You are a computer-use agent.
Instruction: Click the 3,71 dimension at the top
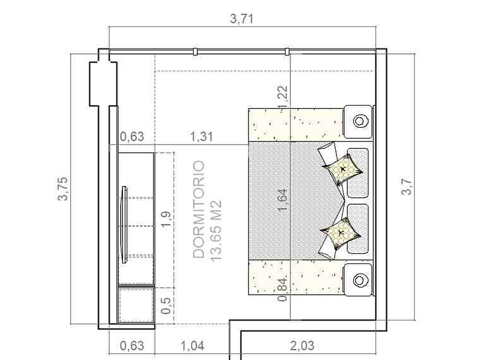click(x=242, y=19)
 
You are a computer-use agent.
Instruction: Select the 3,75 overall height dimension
click(x=63, y=188)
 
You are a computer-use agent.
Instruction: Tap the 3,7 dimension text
click(x=407, y=187)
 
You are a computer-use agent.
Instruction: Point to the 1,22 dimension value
click(x=283, y=97)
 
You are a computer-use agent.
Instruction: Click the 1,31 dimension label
click(x=202, y=137)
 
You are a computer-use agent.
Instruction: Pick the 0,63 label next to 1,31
click(x=131, y=137)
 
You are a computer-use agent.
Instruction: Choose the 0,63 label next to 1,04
click(x=131, y=346)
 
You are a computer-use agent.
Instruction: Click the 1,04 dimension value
click(x=193, y=346)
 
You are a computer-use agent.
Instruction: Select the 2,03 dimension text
click(x=302, y=346)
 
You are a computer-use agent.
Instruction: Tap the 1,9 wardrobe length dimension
click(x=166, y=219)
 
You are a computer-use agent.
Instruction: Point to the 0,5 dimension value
click(x=166, y=305)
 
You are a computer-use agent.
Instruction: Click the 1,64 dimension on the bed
click(x=283, y=200)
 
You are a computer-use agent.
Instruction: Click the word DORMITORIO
click(x=199, y=209)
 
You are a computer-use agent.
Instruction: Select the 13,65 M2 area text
click(x=216, y=230)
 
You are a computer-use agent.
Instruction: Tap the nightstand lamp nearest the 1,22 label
click(x=361, y=121)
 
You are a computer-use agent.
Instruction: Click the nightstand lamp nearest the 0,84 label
click(x=361, y=280)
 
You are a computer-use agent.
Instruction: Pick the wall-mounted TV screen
click(x=124, y=224)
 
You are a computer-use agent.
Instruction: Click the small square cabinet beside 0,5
click(x=136, y=304)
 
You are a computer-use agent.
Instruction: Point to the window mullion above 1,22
click(x=287, y=52)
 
